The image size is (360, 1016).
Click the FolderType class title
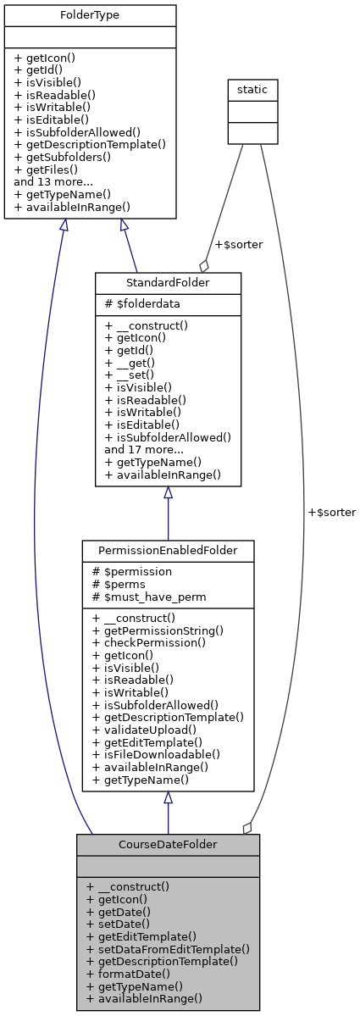tap(90, 16)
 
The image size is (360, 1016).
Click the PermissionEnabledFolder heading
tap(168, 552)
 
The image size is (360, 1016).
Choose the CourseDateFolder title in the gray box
tap(168, 845)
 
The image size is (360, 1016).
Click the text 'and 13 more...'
tap(55, 181)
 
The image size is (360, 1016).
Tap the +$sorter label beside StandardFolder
tap(238, 245)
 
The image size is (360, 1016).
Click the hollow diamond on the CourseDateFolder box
tap(247, 828)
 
